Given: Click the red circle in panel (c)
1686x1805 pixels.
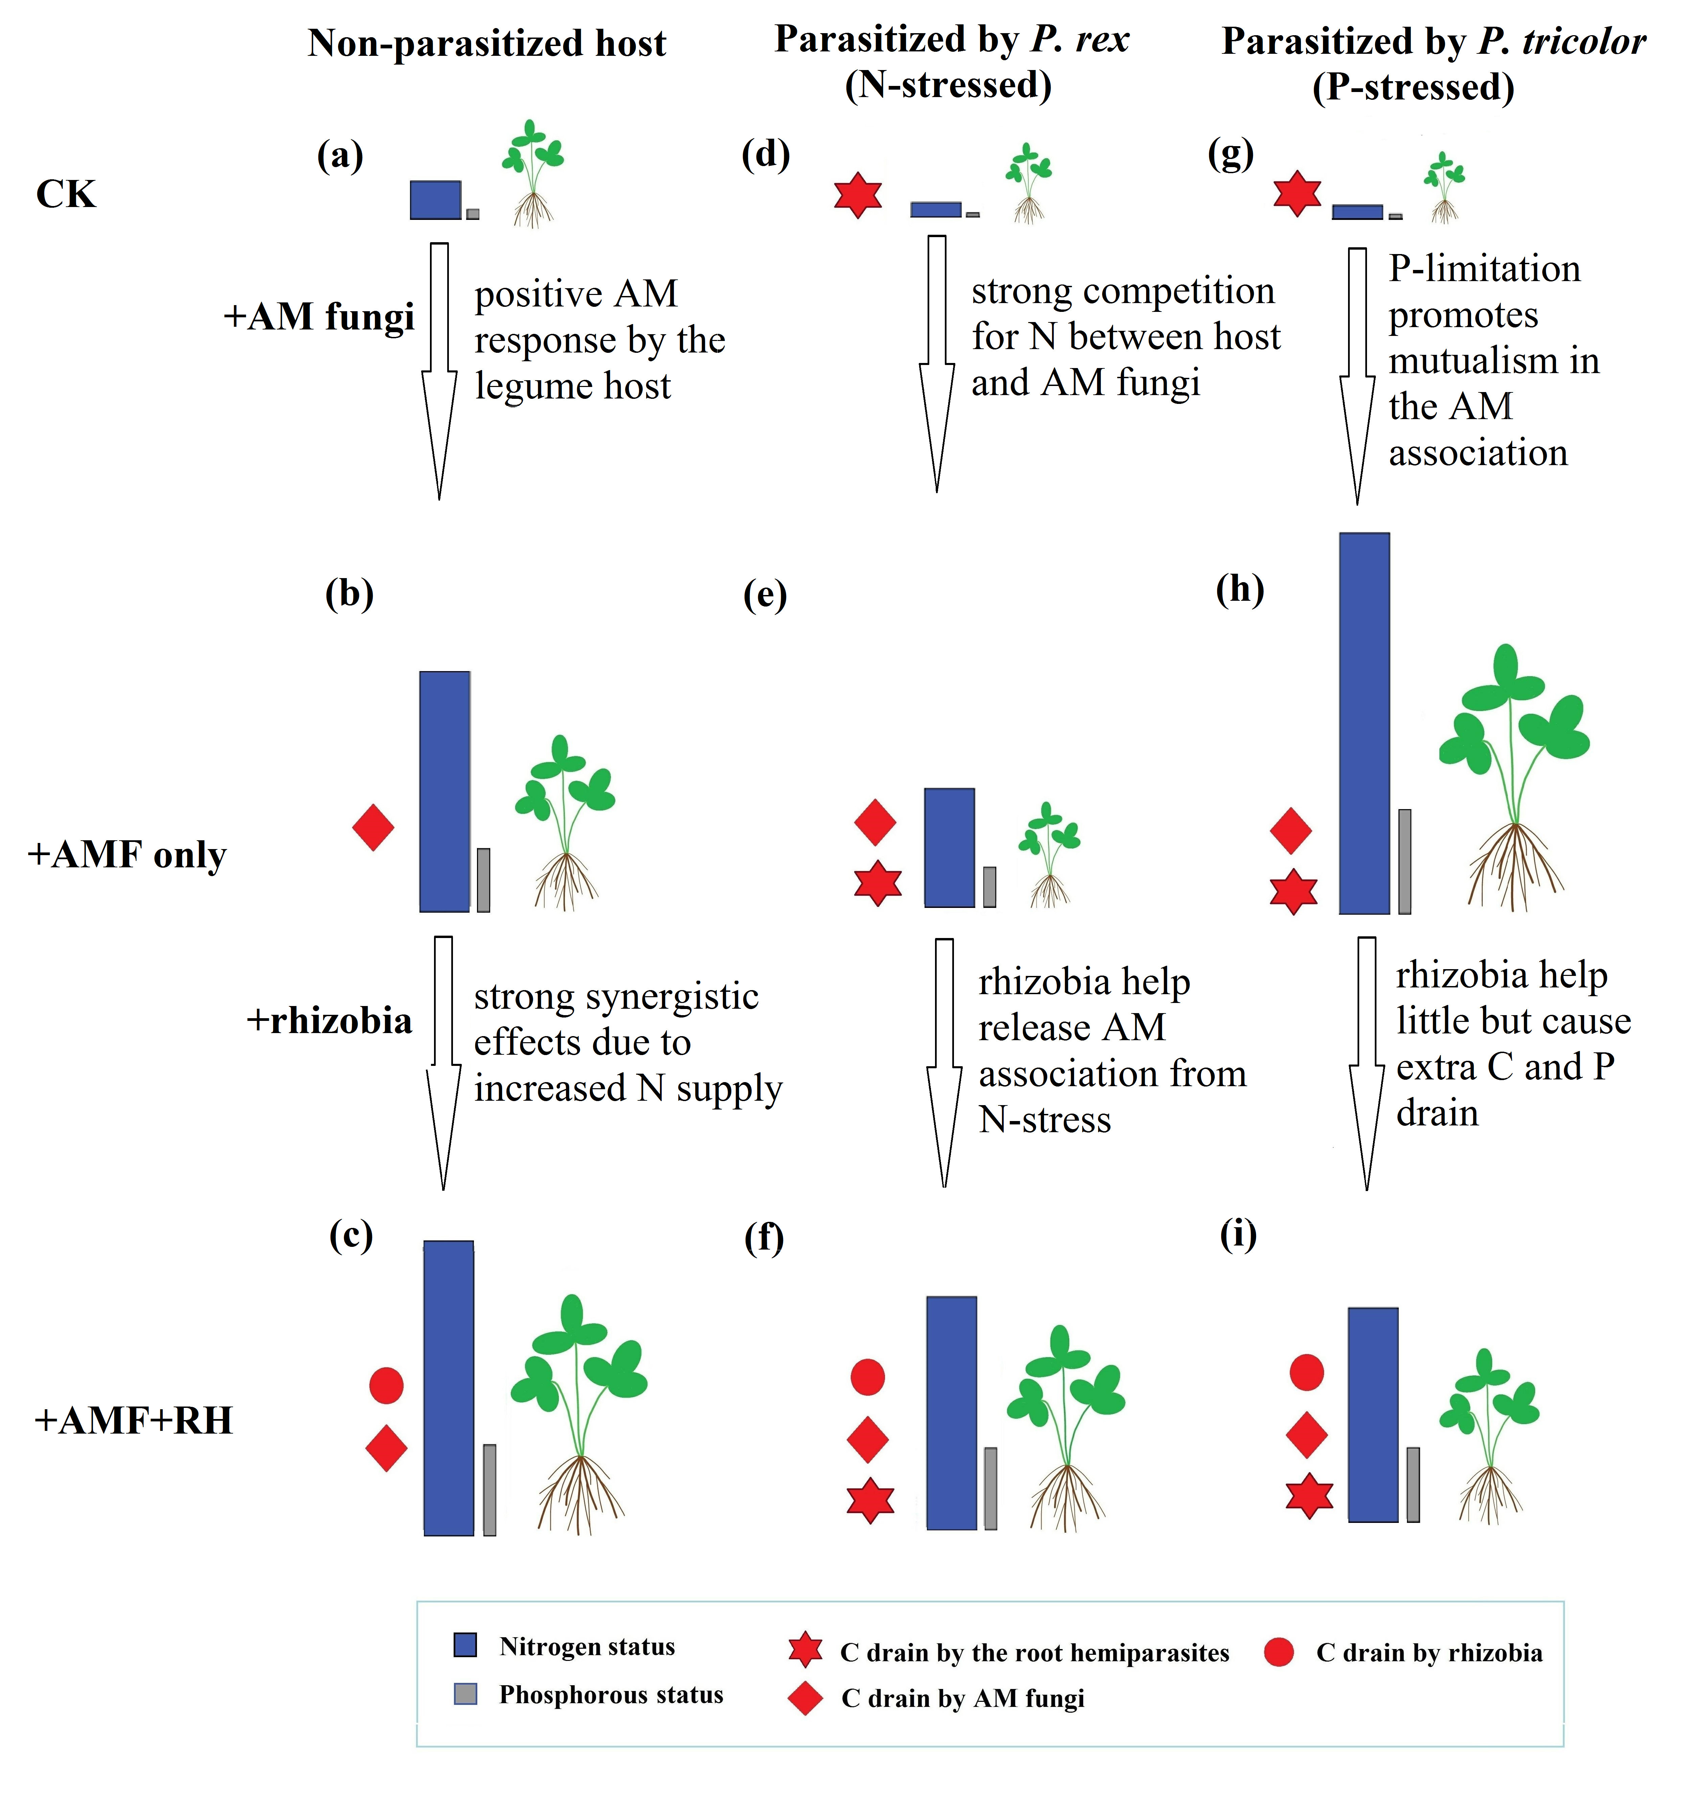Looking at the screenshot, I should (x=386, y=1386).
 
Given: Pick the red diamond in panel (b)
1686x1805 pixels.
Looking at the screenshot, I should (x=373, y=827).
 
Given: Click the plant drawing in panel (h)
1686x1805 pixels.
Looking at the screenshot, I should (x=1513, y=776).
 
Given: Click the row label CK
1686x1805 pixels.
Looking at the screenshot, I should (x=65, y=194).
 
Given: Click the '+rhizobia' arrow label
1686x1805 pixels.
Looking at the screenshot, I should (x=329, y=1021).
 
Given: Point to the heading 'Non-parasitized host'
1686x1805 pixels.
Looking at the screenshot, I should (x=487, y=44).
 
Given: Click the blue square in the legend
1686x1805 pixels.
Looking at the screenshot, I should (x=465, y=1645).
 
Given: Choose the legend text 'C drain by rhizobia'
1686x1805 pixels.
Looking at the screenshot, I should (x=1429, y=1652).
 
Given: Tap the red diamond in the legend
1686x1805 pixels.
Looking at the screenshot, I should (x=804, y=1698).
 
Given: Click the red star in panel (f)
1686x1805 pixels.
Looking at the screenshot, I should (x=870, y=1500).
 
